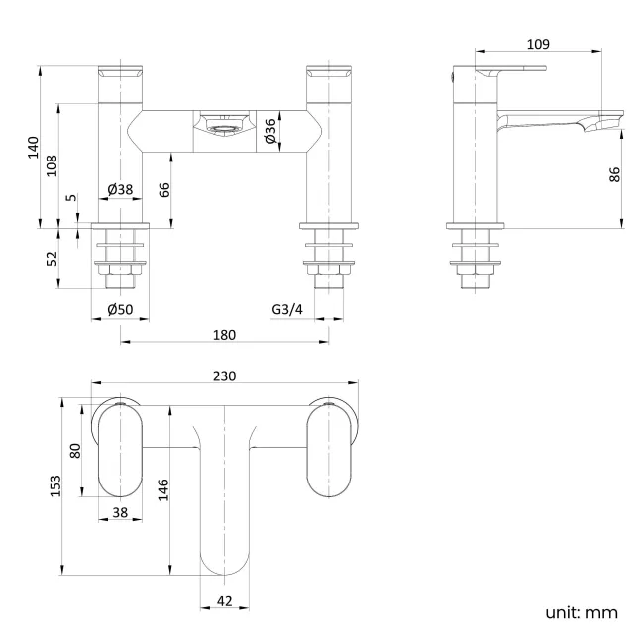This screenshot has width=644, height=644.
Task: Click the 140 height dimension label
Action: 34,147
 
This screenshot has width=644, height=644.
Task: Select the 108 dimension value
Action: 53,164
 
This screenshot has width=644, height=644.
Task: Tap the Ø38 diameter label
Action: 120,189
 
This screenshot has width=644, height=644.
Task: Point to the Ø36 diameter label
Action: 270,133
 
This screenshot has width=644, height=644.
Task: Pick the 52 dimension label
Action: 53,260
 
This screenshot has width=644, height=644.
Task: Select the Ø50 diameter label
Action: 120,310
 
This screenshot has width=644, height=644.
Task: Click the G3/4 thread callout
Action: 287,310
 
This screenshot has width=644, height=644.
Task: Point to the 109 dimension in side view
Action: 538,44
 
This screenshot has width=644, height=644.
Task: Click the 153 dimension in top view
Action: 56,484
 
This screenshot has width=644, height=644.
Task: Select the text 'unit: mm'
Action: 582,612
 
